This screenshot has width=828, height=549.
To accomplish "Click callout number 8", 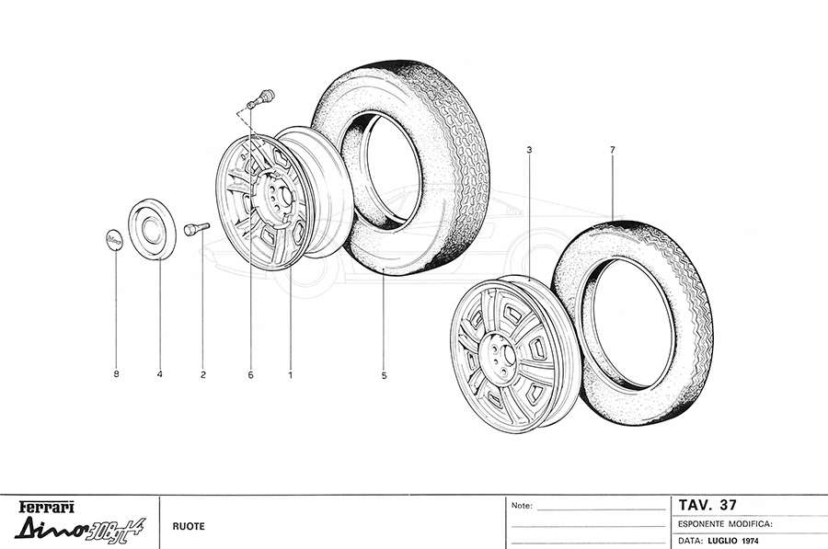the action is [x=116, y=374].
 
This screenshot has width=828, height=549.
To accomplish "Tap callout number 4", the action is [x=159, y=374].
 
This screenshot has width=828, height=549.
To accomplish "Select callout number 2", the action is [x=202, y=375].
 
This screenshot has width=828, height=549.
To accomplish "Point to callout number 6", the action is [x=250, y=375].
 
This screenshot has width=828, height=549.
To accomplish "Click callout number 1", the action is [x=290, y=375].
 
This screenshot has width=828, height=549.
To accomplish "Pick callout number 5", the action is [x=384, y=375].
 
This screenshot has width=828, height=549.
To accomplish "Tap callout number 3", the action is [x=529, y=150].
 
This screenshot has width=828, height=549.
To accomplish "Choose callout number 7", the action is [x=613, y=150].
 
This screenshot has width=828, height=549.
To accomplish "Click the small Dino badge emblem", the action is [x=113, y=240].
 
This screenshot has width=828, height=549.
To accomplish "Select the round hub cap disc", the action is [x=152, y=230].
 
